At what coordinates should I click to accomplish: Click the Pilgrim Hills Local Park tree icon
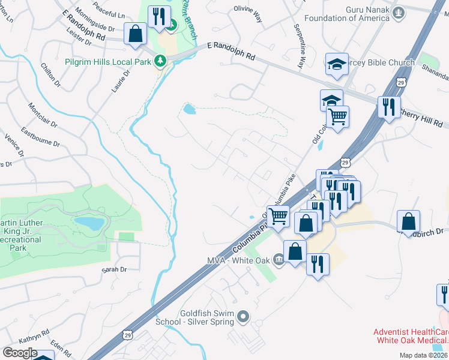(160, 61)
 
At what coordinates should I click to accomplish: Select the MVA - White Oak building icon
(279, 259)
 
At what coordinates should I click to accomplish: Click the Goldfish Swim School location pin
(243, 316)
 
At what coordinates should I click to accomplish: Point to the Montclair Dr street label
(41, 115)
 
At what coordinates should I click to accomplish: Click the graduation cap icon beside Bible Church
(337, 64)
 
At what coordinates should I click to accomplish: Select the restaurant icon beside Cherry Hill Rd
(389, 107)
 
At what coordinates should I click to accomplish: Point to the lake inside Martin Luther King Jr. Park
(89, 224)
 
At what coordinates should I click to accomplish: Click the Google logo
(20, 352)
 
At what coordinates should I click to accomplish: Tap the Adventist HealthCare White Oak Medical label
(411, 336)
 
